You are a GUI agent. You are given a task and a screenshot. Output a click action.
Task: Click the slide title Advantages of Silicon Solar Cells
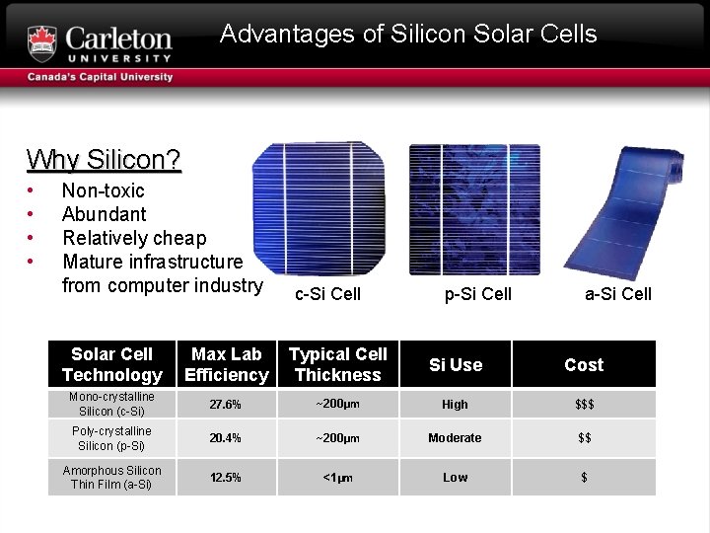click(x=408, y=34)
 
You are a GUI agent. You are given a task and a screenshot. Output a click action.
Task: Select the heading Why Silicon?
click(x=104, y=159)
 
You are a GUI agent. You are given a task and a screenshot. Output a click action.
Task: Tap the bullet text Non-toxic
click(x=103, y=190)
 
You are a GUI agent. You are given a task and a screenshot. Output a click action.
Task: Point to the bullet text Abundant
click(x=104, y=214)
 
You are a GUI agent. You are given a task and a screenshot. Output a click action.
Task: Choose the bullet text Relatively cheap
click(x=134, y=238)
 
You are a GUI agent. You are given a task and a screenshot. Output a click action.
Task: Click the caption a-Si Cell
click(x=618, y=293)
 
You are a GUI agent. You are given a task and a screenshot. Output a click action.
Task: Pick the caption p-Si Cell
click(x=478, y=293)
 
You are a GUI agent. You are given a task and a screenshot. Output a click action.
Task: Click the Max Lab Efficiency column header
click(x=227, y=364)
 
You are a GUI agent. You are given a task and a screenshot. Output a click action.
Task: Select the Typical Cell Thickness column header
click(x=338, y=364)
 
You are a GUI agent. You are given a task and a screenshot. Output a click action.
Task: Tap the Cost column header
click(x=584, y=364)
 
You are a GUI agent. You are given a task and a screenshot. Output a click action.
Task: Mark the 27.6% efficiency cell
click(x=227, y=404)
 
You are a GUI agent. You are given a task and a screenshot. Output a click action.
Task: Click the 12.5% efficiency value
click(x=227, y=477)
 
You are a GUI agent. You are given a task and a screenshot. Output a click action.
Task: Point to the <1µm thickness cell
click(x=338, y=477)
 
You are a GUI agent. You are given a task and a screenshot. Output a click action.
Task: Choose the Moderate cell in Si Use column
click(x=455, y=437)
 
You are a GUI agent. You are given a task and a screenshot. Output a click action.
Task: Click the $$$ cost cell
click(x=584, y=404)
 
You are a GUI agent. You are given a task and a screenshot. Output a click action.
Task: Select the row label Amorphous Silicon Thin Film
click(x=111, y=477)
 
